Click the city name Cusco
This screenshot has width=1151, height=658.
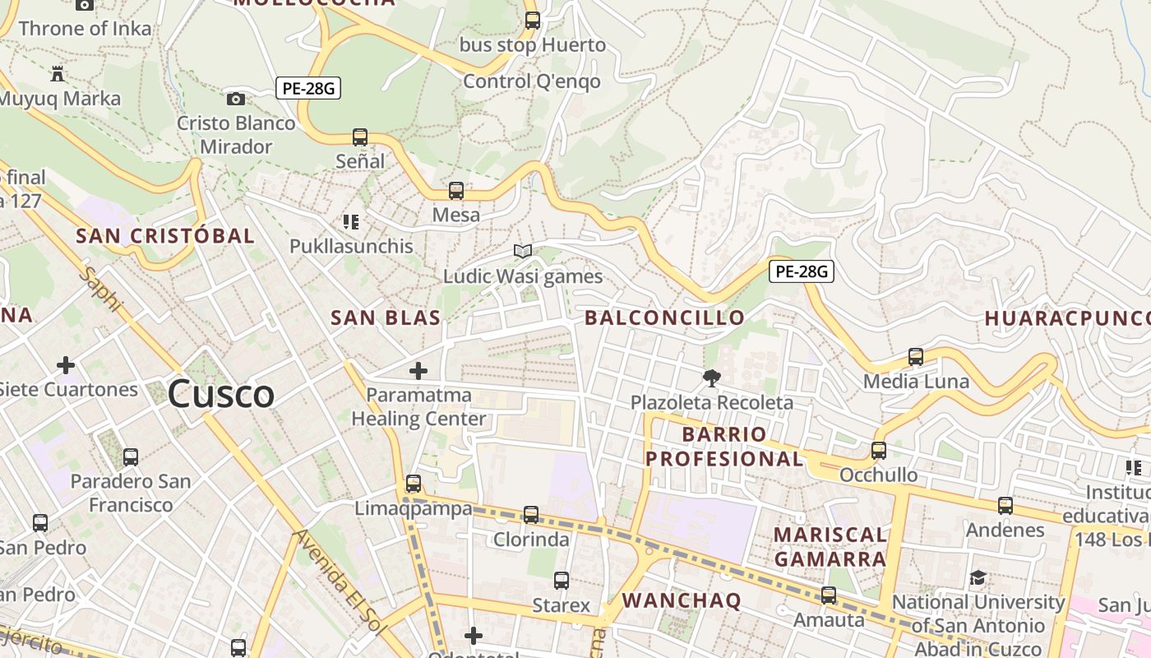[220, 395]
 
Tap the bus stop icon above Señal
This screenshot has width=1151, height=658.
[359, 137]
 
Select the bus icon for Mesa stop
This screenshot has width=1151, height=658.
[456, 191]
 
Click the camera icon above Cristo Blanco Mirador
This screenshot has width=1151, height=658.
[236, 99]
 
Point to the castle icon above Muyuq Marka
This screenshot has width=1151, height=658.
[58, 74]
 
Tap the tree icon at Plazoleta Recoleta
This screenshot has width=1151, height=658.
[711, 378]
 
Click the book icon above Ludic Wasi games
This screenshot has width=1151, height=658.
[523, 251]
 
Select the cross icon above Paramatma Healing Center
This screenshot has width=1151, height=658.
[418, 371]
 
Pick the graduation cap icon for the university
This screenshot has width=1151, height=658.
[978, 577]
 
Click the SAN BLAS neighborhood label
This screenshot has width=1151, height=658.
[386, 317]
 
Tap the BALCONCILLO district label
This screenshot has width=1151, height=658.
[664, 317]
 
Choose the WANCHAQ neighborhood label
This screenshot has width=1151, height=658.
[682, 600]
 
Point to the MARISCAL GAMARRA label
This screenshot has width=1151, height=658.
[830, 547]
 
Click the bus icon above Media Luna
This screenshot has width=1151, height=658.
[916, 357]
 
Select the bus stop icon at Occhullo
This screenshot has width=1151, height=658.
[879, 451]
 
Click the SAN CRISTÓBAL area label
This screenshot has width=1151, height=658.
[165, 236]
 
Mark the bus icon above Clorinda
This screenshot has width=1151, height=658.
[531, 515]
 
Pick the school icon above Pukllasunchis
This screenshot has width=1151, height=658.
[351, 221]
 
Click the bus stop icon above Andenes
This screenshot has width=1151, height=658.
[1005, 506]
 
